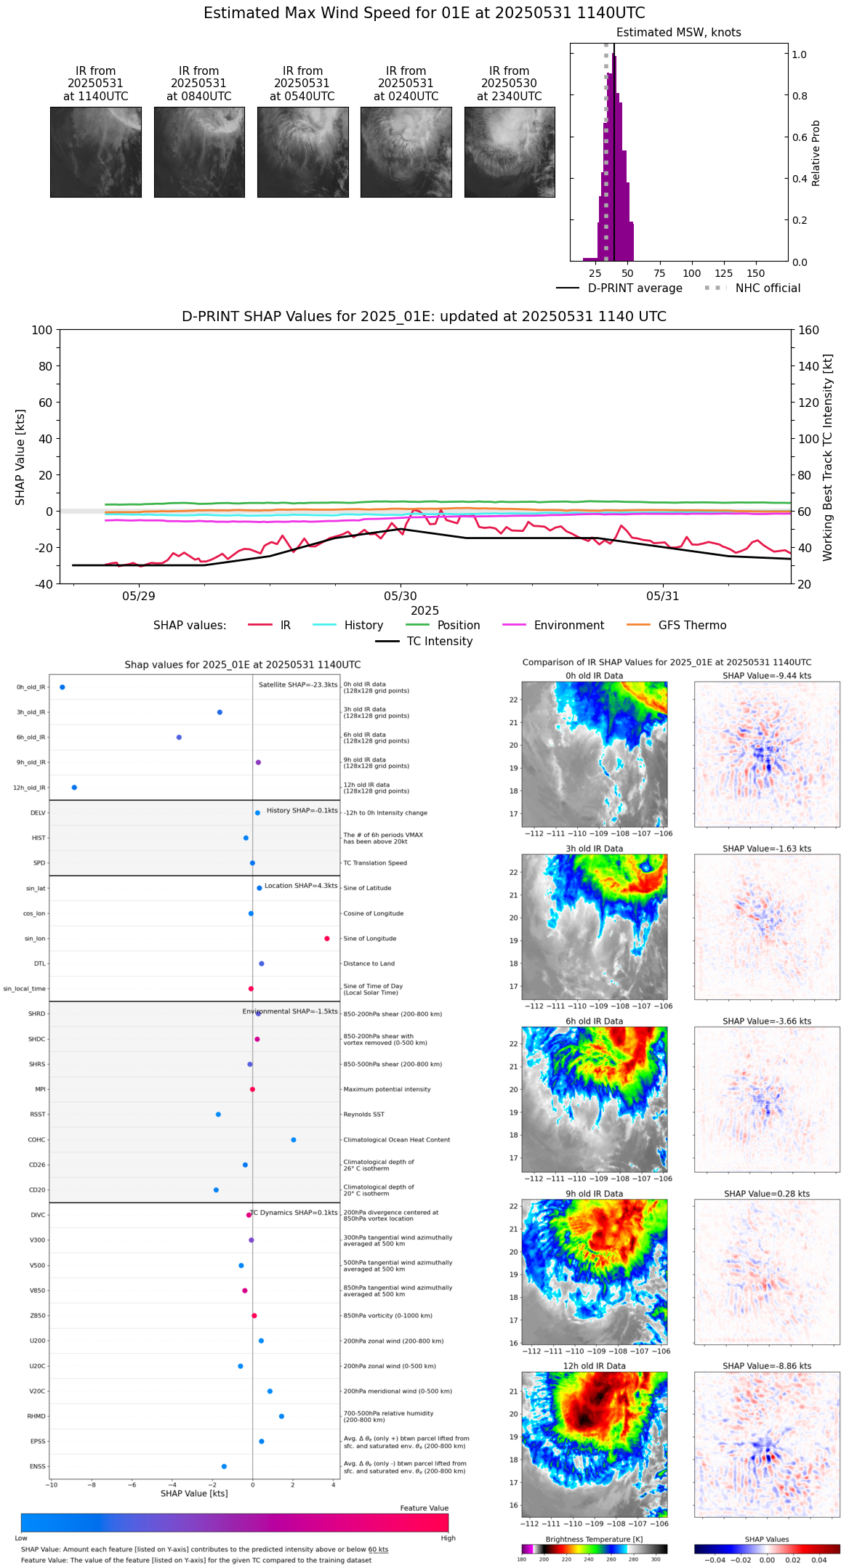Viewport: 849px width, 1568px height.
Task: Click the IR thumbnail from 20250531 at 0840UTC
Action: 199,152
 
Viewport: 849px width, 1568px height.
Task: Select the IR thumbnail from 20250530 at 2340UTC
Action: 510,152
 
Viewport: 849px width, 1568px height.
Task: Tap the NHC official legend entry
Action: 768,288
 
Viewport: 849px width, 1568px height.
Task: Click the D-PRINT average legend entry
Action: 635,288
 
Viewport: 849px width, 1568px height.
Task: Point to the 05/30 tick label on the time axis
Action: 401,597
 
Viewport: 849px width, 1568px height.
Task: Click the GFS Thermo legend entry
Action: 692,626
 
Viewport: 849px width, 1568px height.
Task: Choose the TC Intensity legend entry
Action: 439,642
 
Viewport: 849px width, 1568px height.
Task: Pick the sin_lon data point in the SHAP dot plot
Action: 327,939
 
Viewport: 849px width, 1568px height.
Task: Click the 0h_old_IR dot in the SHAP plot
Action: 63,687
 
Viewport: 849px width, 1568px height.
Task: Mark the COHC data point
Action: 293,1140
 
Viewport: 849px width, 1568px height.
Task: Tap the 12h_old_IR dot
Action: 74,788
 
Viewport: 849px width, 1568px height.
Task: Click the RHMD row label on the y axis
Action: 36,1416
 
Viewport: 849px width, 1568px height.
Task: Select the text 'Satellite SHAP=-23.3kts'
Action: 298,684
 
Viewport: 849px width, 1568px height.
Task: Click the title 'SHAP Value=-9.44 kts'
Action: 767,676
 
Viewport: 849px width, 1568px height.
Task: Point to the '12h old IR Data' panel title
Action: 594,1366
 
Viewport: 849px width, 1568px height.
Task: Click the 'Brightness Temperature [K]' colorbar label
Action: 594,1539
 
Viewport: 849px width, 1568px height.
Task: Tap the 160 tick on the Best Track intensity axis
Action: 809,330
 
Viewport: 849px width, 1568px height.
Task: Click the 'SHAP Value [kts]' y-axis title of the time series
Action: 20,457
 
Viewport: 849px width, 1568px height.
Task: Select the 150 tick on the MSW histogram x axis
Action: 756,274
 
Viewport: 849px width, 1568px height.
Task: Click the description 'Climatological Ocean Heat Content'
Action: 396,1140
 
